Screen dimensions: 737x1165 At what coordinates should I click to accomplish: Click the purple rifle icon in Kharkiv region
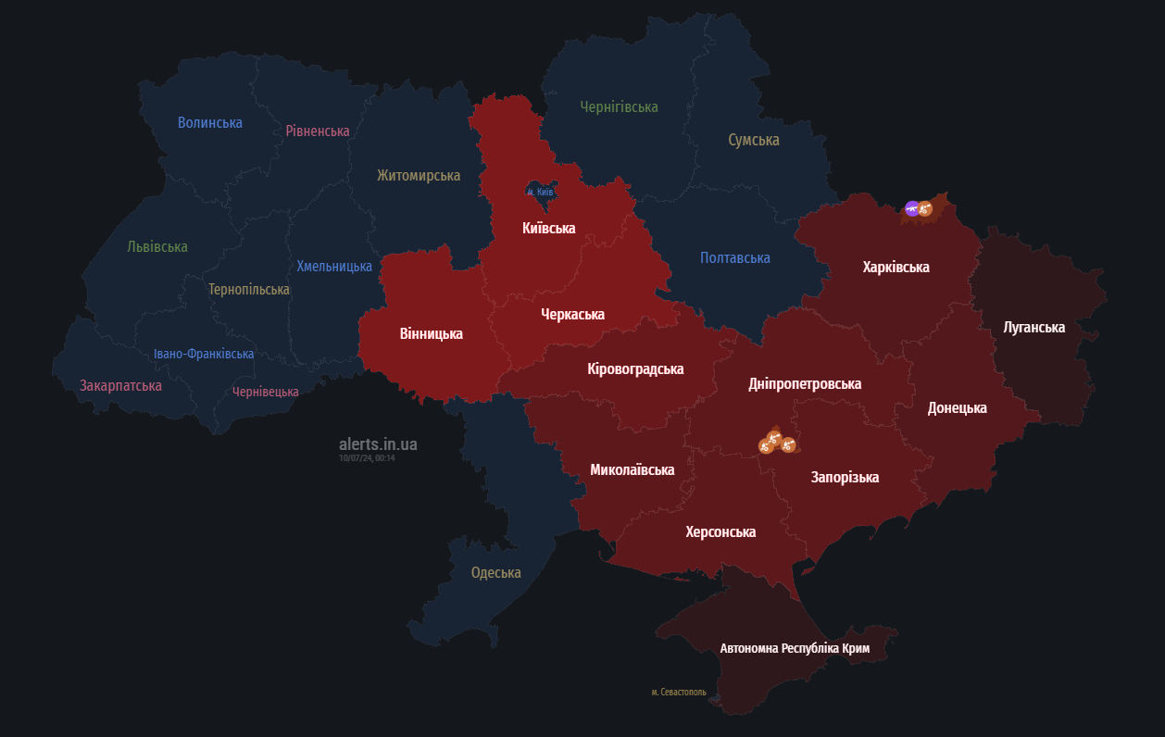coord(912,209)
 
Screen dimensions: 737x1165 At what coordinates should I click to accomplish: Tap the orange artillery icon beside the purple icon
coord(924,210)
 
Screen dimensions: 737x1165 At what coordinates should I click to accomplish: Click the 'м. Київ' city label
coord(539,193)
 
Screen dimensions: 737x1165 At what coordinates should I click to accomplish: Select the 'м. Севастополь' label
coord(678,692)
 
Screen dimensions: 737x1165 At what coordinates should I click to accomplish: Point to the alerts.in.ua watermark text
coord(378,444)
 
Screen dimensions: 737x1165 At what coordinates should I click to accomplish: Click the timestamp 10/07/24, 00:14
coord(367,457)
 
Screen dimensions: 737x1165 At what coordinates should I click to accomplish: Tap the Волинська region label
coord(210,122)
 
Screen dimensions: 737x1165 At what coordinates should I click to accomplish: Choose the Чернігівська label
coord(619,107)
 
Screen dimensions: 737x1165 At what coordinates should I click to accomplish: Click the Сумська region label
coord(753,140)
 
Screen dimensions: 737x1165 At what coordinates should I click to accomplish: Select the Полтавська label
coord(734,258)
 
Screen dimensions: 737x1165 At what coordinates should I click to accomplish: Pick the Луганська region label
coord(1033,327)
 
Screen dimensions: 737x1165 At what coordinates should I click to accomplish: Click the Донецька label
coord(957,407)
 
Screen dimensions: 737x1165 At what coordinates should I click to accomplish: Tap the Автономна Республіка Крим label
coord(795,648)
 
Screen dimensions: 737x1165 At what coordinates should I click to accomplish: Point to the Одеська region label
coord(495,572)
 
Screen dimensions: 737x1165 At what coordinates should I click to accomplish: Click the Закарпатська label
coord(120,385)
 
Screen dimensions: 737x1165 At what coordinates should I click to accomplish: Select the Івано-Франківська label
coord(204,354)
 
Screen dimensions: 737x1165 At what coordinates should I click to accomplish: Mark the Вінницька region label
coord(431,333)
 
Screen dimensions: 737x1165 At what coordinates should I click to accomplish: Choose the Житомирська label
coord(418,175)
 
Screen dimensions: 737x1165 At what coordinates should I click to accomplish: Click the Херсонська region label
coord(720,531)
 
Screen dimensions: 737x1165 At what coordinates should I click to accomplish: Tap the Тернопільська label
coord(248,289)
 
